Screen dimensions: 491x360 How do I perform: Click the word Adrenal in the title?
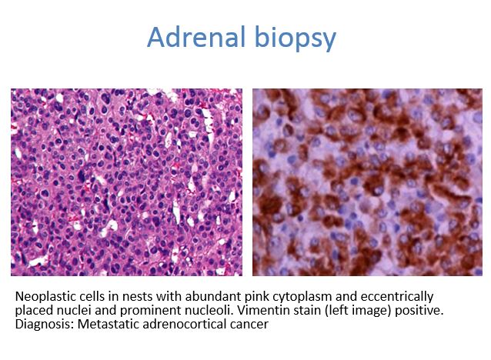click(196, 37)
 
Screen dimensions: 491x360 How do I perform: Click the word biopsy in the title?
click(296, 38)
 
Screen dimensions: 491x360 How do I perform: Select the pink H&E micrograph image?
click(126, 182)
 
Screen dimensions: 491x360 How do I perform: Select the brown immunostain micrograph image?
click(367, 182)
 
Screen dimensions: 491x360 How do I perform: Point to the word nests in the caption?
click(139, 296)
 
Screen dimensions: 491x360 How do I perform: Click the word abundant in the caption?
click(212, 296)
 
